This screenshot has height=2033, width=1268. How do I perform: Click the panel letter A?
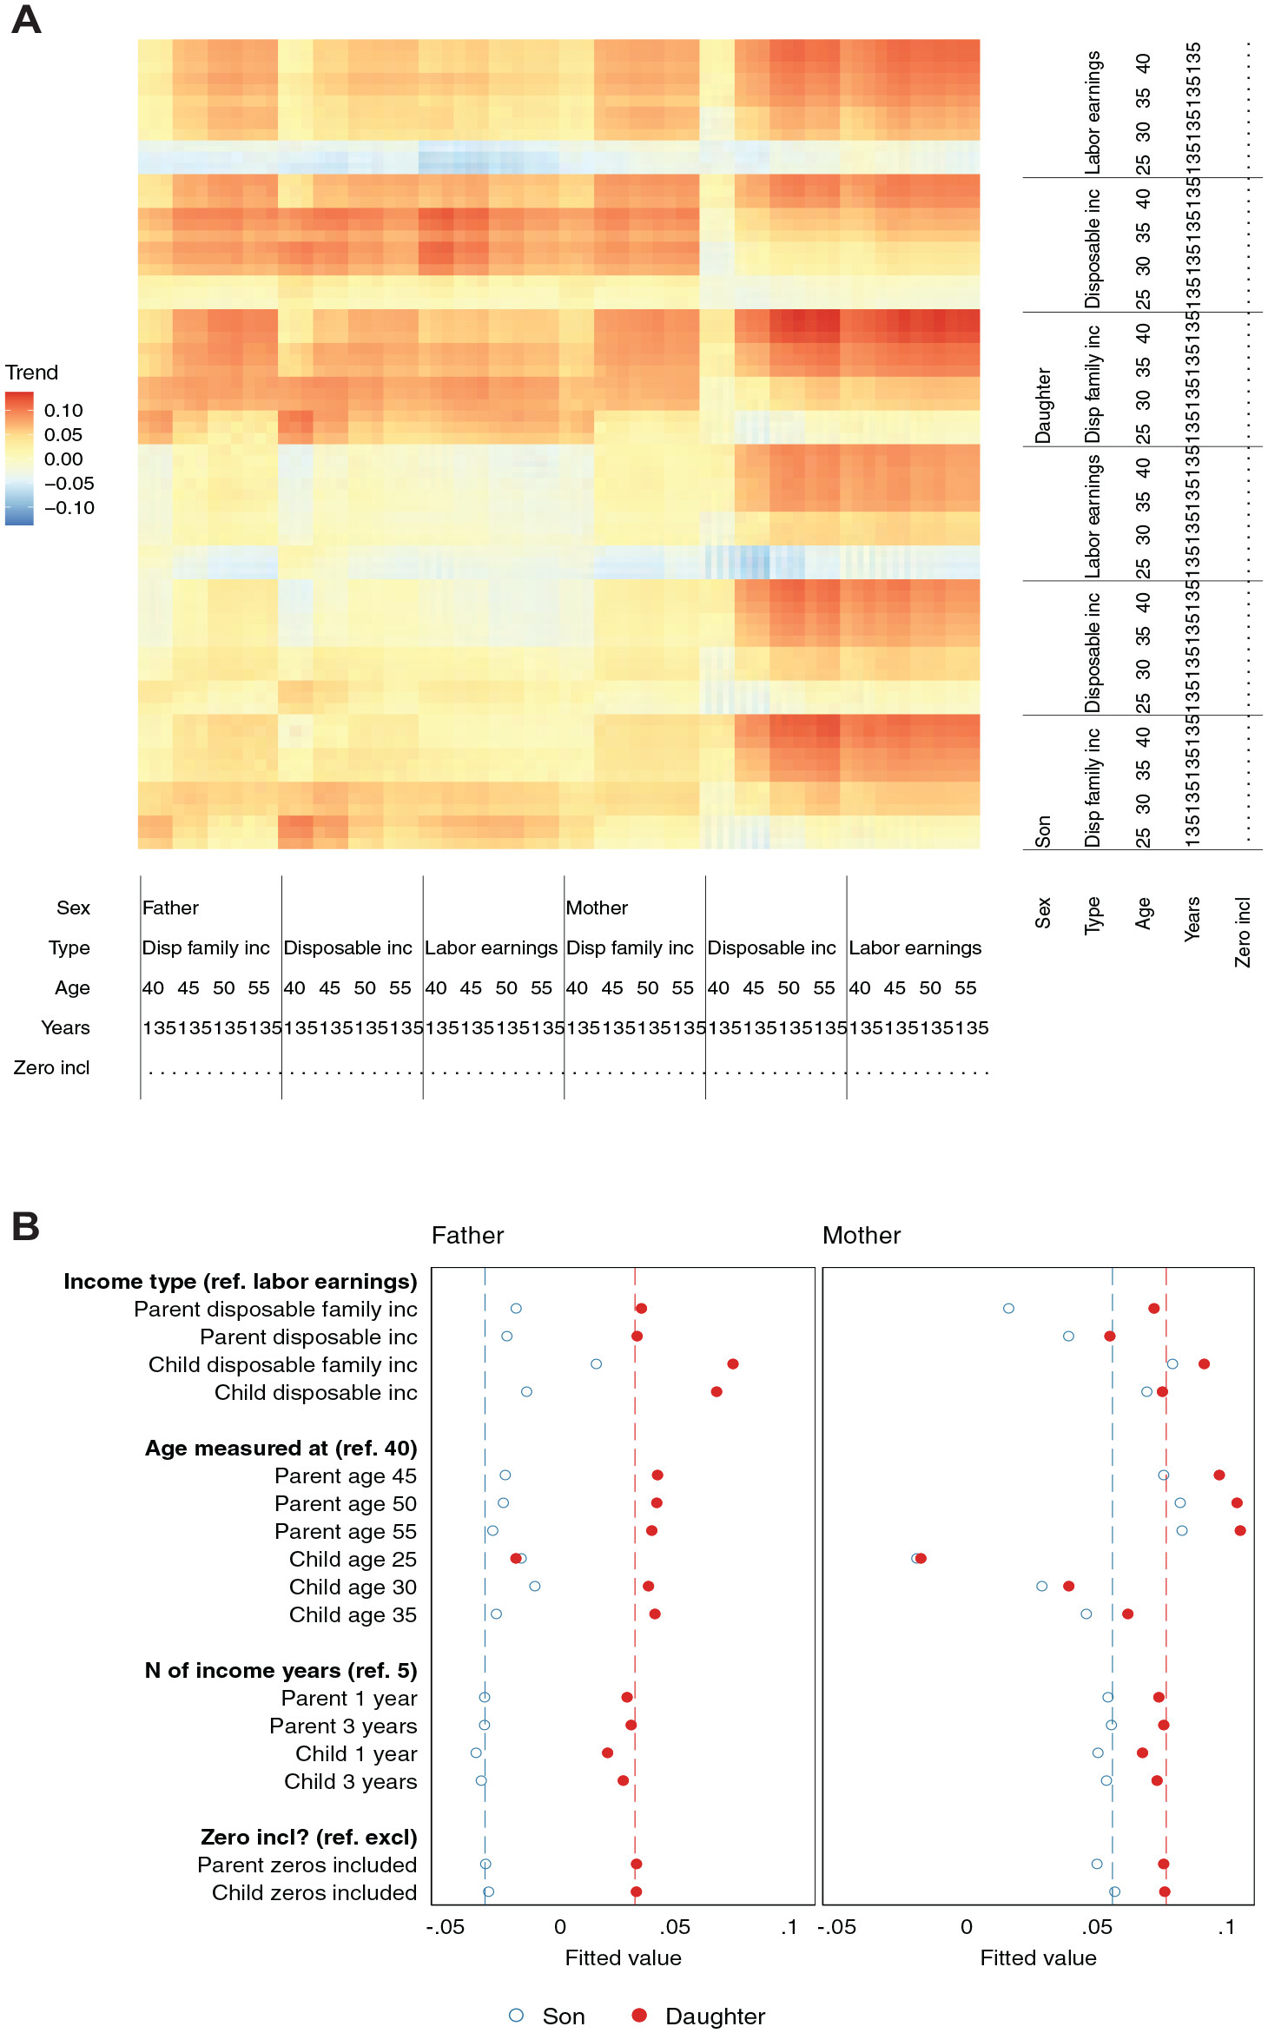tap(26, 19)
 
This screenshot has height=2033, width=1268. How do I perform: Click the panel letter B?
tap(26, 1226)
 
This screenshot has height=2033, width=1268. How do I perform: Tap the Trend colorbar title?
tap(32, 373)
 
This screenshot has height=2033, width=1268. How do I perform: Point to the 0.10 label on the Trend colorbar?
tap(63, 411)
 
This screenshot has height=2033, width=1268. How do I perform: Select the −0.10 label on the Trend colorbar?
tap(69, 508)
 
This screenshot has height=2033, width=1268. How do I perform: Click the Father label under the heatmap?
tap(170, 908)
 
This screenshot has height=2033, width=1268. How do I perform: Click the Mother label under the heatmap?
tap(597, 908)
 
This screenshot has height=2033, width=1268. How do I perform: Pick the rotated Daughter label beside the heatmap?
tap(1043, 406)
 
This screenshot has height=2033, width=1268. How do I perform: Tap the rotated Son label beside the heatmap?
tap(1043, 831)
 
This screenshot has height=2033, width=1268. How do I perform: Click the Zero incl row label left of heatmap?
tap(51, 1067)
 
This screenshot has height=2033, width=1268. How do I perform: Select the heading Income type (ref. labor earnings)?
tap(241, 1282)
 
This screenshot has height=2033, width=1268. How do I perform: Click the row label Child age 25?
tap(353, 1560)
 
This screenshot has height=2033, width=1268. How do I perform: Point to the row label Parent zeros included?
tap(307, 1865)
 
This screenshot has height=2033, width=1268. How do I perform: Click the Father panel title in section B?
tap(467, 1236)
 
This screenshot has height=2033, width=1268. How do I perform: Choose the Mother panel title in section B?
tap(862, 1236)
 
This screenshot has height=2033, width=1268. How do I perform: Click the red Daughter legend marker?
tap(639, 2015)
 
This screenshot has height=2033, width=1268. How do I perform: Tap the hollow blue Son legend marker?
tap(517, 2015)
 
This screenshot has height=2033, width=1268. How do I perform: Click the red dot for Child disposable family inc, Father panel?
tap(733, 1364)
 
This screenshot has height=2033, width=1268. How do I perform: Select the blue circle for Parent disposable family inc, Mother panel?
tap(1008, 1309)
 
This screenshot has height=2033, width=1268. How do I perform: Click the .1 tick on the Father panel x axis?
tap(789, 1928)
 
